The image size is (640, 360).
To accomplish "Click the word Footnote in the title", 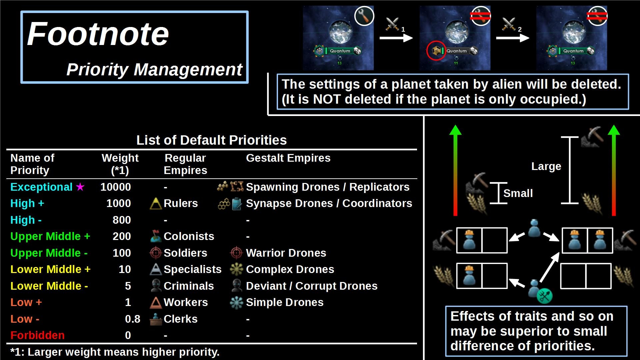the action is (98, 34).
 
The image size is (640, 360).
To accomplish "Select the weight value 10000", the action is (116, 187).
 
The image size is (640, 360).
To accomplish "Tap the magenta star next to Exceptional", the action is (80, 187).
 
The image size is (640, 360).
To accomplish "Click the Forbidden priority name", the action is (37, 335).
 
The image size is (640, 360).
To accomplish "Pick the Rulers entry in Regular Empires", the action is (181, 203).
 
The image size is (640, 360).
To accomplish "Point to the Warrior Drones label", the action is (286, 253).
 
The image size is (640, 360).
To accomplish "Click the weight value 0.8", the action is (133, 319).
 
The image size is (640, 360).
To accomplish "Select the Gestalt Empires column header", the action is (288, 158).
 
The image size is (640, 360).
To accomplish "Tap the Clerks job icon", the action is (156, 319).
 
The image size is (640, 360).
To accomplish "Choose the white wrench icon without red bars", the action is (364, 16).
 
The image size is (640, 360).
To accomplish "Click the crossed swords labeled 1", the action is (393, 24).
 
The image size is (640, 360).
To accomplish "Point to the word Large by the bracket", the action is (546, 166).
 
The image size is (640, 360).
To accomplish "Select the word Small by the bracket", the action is (518, 193).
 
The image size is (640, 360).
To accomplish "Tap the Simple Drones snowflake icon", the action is (236, 302).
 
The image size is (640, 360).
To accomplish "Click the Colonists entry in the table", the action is (189, 236).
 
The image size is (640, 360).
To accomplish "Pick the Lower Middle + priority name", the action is (50, 269).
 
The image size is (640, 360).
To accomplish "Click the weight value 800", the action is (122, 220).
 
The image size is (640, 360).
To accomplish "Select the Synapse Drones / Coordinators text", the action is (329, 203).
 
